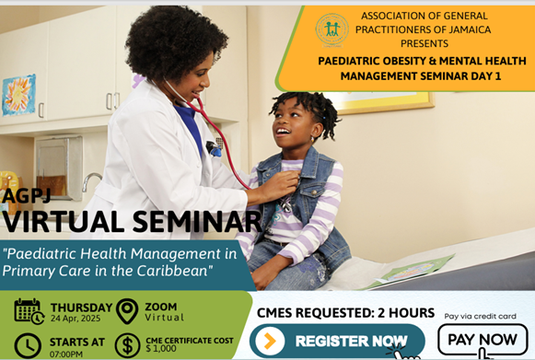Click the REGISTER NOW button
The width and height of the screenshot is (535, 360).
point(337,341)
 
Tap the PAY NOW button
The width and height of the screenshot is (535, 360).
point(483,340)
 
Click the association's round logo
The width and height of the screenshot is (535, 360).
point(331,30)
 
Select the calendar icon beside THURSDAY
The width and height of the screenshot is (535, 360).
point(29,311)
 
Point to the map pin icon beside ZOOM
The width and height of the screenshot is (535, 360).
point(127,311)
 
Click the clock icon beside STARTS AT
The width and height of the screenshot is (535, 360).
point(28,346)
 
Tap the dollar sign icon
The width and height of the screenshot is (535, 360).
point(127,345)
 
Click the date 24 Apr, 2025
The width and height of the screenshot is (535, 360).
point(76,319)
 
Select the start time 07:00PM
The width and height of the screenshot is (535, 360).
point(66,354)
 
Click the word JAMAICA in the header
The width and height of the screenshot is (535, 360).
point(470,29)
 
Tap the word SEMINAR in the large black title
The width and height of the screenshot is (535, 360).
point(197,222)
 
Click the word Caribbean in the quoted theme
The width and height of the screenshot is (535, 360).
point(172,271)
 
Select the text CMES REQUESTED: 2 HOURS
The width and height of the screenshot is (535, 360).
point(345,313)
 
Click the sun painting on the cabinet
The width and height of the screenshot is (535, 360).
point(18,95)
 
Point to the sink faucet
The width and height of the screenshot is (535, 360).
point(91,180)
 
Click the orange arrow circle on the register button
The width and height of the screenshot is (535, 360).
point(270,341)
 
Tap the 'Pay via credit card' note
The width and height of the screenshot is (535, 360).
point(480,317)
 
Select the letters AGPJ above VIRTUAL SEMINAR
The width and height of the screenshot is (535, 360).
point(26,195)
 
